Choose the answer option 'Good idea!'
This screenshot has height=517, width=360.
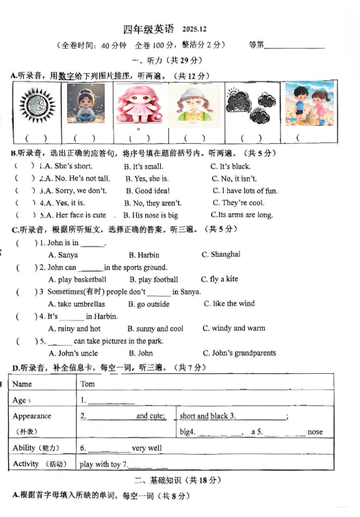[x=148, y=191]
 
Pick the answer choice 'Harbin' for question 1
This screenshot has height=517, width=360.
[x=144, y=255]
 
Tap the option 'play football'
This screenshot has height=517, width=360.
[x=153, y=279]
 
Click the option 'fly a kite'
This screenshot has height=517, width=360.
[x=220, y=279]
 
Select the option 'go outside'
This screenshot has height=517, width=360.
[x=149, y=304]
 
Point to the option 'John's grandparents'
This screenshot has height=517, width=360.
[x=239, y=353]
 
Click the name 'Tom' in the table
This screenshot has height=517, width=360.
[x=88, y=384]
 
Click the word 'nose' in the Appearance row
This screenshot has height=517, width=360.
[x=315, y=432]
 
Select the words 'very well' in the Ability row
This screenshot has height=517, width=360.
[x=148, y=448]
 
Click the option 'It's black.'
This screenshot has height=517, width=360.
[x=231, y=166]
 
